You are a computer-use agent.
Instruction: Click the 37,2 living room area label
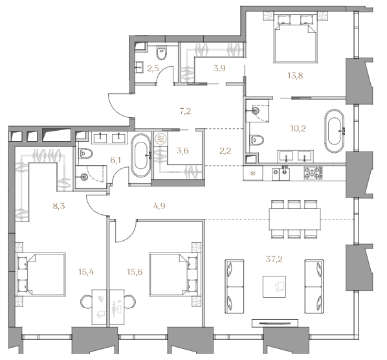point(274,259)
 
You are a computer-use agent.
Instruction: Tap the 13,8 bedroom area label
point(295,76)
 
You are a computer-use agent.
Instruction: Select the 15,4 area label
point(86,272)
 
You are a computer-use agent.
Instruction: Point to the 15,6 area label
point(135,272)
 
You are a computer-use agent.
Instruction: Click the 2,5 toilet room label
point(153,69)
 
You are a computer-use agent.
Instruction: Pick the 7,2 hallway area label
point(185,111)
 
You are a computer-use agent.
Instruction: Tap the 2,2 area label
point(225,151)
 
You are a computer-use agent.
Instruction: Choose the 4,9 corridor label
point(159,206)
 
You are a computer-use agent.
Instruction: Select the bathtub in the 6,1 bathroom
point(140,155)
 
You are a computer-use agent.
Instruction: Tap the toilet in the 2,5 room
point(162,53)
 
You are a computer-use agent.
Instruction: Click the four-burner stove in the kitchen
point(313,173)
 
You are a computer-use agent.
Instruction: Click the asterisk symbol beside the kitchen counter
point(253,174)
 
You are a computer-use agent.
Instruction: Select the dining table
point(295,219)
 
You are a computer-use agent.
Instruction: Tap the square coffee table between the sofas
point(274,287)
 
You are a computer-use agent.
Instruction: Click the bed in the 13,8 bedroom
point(295,38)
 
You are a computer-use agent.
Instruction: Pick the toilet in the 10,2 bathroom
point(257,141)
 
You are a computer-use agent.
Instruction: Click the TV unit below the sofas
point(274,323)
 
